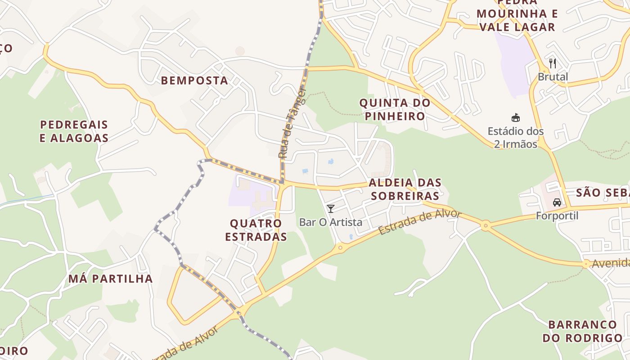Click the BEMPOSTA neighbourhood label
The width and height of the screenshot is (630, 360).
194,81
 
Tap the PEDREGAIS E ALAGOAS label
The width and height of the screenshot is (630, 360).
74,131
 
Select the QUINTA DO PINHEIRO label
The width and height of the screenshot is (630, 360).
395,109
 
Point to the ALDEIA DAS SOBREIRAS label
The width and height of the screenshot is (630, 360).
404,189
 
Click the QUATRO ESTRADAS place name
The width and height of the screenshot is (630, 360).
256,230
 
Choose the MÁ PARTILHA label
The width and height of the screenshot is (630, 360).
111,279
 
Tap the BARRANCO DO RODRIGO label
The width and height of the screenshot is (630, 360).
582,331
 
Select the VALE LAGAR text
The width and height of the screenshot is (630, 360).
517,27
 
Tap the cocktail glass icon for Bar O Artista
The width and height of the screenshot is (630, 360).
331,208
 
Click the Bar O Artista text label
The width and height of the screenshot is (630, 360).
331,222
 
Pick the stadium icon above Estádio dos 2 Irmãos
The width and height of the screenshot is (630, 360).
516,118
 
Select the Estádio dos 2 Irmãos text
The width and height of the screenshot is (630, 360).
516,138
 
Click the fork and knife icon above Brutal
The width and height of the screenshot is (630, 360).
553,63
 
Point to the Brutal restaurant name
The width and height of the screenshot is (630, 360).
553,76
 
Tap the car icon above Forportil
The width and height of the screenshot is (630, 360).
557,202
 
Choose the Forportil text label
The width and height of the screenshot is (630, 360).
557,216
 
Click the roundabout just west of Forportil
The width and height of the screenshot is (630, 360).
486,225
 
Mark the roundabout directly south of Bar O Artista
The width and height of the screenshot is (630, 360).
340,247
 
